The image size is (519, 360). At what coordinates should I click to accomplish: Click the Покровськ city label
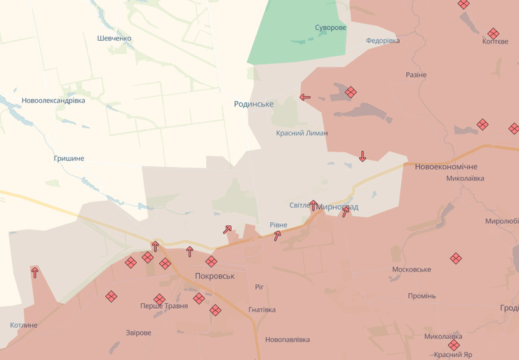(x=215, y=276)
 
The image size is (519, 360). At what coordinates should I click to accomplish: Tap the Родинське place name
(x=254, y=104)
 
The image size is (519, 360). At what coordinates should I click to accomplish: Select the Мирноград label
(x=337, y=207)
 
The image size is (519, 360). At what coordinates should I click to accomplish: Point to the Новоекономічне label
(x=446, y=166)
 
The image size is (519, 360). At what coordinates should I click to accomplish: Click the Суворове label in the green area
(x=330, y=27)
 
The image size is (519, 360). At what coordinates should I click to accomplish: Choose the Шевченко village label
(x=114, y=38)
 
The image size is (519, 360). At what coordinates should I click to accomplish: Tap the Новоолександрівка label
(x=53, y=100)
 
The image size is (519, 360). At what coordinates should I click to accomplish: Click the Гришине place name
(x=69, y=158)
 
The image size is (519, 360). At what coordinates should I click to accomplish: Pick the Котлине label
(x=24, y=325)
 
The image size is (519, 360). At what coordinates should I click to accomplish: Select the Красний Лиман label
(x=302, y=133)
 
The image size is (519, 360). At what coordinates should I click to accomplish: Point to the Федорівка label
(x=383, y=41)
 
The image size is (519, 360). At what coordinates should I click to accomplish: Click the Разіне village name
(x=416, y=74)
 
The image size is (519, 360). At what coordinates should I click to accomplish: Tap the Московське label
(x=412, y=269)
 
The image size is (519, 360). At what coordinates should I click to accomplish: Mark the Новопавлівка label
(x=288, y=340)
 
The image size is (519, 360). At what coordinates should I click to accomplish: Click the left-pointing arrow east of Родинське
(x=305, y=98)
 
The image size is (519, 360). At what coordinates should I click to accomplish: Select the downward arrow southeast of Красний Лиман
(x=363, y=156)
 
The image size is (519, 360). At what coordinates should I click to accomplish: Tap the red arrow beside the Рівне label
(x=278, y=236)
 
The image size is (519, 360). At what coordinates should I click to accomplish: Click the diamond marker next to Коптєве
(x=493, y=33)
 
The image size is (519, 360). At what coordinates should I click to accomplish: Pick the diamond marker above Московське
(x=456, y=258)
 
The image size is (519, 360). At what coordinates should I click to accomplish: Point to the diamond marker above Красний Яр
(x=454, y=345)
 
